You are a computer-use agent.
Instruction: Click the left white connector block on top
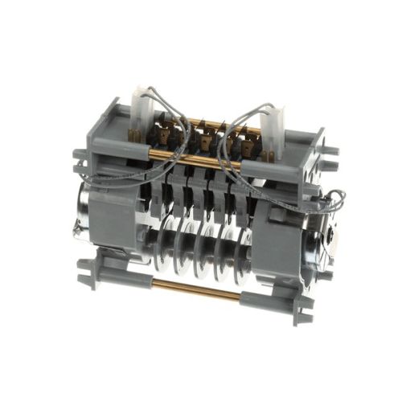(x=146, y=105)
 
